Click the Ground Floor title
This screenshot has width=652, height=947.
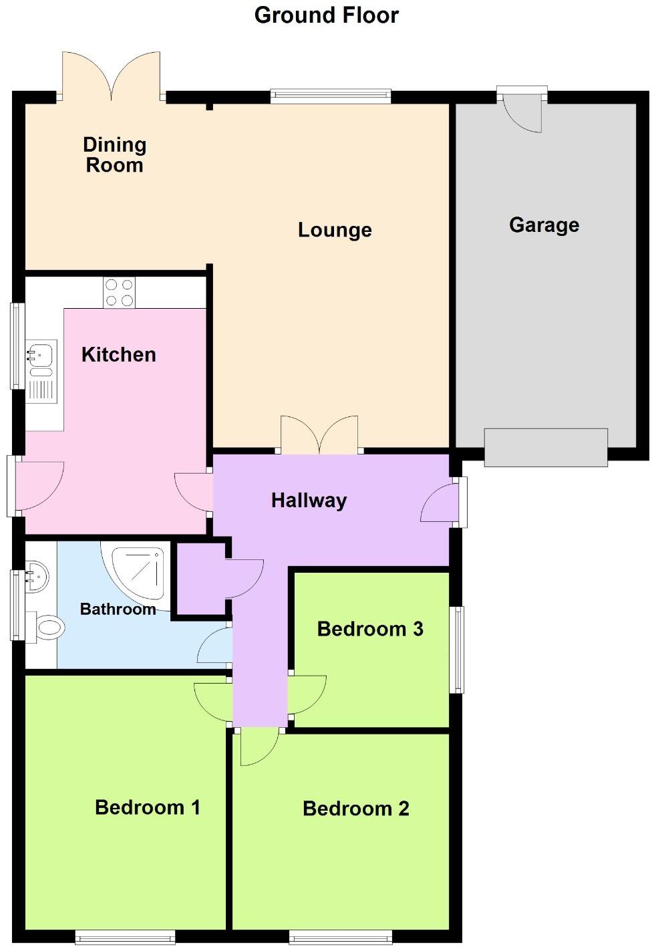click(326, 15)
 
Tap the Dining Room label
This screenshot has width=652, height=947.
click(114, 155)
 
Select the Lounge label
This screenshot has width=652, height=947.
click(335, 230)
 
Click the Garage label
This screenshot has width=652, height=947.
click(544, 225)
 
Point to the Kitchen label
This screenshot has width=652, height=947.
click(118, 354)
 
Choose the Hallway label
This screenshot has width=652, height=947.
click(309, 500)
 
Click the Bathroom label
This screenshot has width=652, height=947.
click(118, 609)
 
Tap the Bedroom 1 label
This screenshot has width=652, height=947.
click(147, 807)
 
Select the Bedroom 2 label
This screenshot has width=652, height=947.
click(355, 808)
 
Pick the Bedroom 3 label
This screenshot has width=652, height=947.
click(370, 629)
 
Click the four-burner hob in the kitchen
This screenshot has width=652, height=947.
click(119, 293)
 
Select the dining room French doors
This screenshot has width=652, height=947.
click(112, 77)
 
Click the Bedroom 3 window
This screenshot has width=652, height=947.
click(457, 649)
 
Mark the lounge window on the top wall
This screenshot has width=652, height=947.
click(330, 97)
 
